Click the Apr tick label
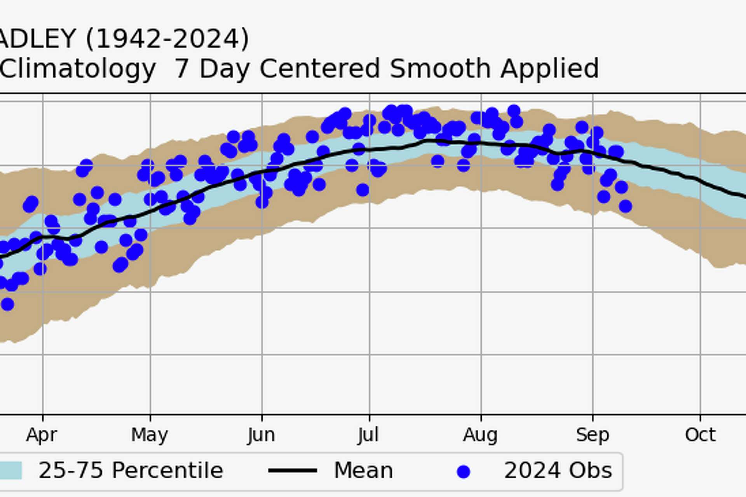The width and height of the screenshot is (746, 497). (x=42, y=435)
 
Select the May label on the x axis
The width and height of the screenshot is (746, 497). (x=150, y=435)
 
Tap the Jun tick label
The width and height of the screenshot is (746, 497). (x=261, y=435)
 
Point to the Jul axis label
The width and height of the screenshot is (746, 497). (x=368, y=435)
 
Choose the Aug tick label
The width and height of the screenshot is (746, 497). (x=480, y=435)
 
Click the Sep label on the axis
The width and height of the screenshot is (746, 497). (x=592, y=435)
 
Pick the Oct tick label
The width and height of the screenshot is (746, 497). (x=700, y=435)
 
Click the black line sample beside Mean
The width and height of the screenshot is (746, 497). (x=293, y=471)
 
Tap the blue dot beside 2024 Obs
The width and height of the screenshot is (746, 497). (x=463, y=472)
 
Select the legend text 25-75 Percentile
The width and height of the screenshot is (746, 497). (x=131, y=471)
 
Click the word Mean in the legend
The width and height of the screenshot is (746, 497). (x=363, y=471)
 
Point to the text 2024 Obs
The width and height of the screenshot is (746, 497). (x=558, y=471)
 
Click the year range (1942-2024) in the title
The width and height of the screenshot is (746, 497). (x=167, y=39)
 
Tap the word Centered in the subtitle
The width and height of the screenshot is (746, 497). (x=319, y=69)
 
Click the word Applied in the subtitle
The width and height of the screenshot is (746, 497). (x=549, y=69)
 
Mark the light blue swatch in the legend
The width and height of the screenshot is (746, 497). (x=10, y=471)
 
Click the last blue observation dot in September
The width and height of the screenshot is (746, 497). (x=625, y=206)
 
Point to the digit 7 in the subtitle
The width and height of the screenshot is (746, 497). (x=181, y=69)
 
